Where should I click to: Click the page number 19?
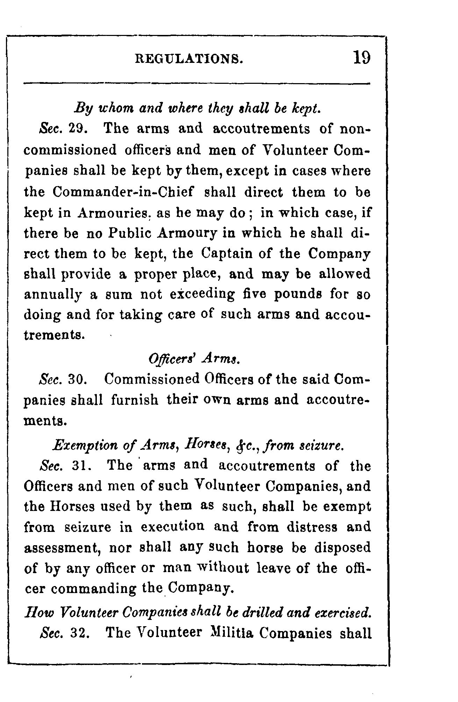click(x=362, y=57)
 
